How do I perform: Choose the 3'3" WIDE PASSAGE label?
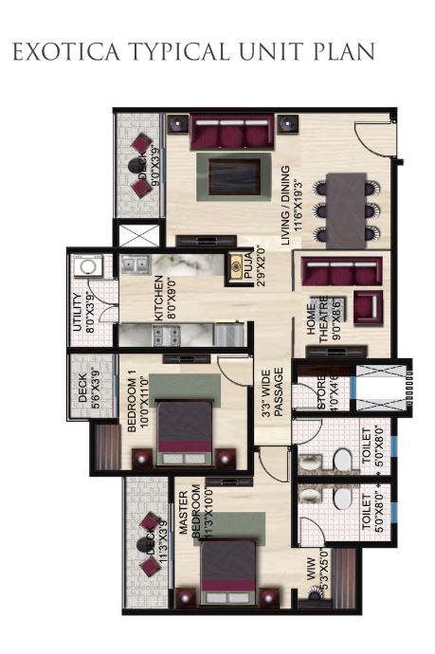pos(272,393)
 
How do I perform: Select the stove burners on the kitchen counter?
pos(162,335)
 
